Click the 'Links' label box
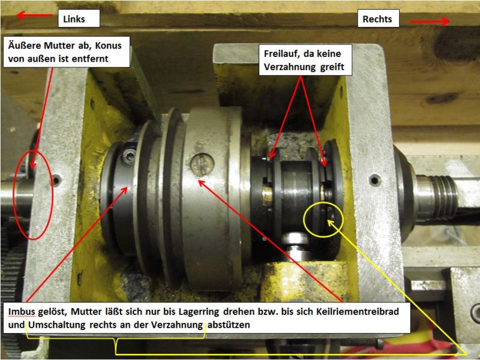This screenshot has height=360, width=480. pyautogui.click(x=79, y=19)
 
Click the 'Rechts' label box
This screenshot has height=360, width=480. pyautogui.click(x=379, y=19)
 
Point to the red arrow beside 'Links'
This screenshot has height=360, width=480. pyautogui.click(x=34, y=15)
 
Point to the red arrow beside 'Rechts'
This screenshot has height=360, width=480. pyautogui.click(x=430, y=21)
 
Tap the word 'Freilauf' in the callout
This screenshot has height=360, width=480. pyautogui.click(x=283, y=53)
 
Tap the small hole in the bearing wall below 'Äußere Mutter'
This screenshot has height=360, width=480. pyautogui.click(x=56, y=180)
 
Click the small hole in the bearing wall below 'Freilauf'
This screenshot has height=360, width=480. pyautogui.click(x=375, y=180)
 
